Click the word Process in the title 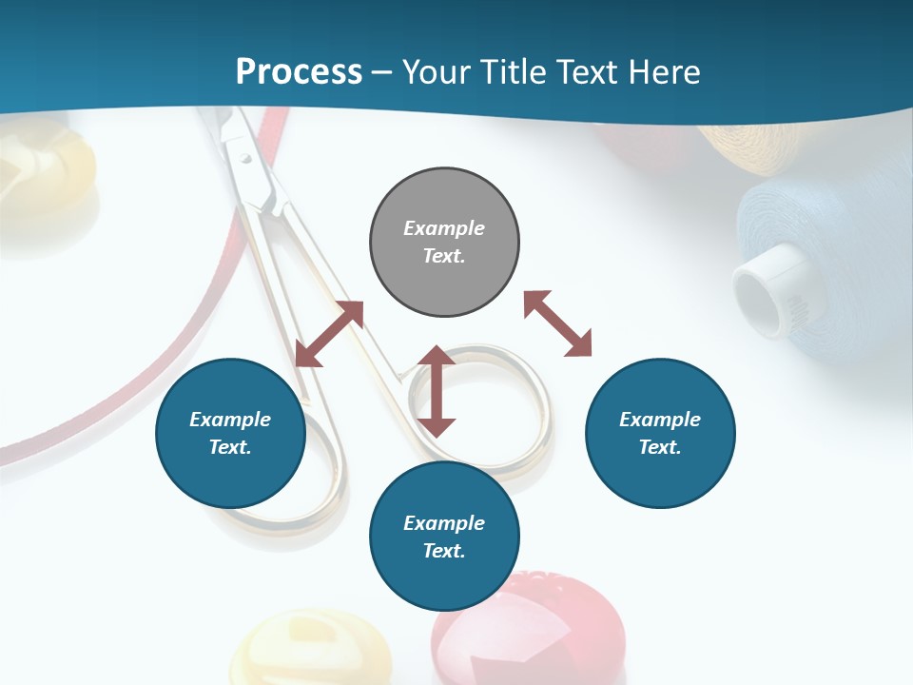tap(299, 71)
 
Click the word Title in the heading tap(515, 71)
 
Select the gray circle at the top tap(444, 242)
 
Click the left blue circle tap(230, 433)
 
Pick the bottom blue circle tap(444, 537)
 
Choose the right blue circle tap(660, 433)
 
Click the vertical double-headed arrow tap(437, 391)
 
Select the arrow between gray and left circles tap(329, 334)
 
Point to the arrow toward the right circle tap(558, 323)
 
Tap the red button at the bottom tap(529, 633)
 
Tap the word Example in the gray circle tap(444, 228)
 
